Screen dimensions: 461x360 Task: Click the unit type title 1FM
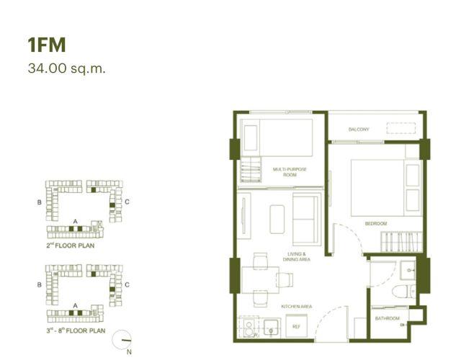coord(47,45)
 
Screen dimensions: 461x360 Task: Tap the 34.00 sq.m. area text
coord(66,69)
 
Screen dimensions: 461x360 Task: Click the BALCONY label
coord(359,130)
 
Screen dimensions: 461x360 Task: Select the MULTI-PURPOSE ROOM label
coord(290,172)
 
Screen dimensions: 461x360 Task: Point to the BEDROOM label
coord(376,224)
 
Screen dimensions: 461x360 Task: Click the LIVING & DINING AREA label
coord(296,256)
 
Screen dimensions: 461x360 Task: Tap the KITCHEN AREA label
coord(296,307)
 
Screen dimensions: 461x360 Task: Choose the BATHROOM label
coord(388,318)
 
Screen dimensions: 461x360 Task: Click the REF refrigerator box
coord(296,326)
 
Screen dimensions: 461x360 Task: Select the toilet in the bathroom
coord(403,291)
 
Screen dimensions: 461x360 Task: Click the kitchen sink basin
coord(272,328)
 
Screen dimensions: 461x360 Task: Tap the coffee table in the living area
coord(277,219)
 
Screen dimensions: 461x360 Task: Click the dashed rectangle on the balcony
coord(400,128)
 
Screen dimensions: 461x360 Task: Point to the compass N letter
coord(129,352)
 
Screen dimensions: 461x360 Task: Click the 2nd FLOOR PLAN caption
coord(71,246)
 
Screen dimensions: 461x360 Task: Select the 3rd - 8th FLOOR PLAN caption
coord(76,330)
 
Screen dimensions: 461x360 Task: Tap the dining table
coord(260,280)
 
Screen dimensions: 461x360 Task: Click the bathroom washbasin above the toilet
coord(408,270)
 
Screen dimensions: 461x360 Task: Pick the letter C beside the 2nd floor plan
coord(127,202)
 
